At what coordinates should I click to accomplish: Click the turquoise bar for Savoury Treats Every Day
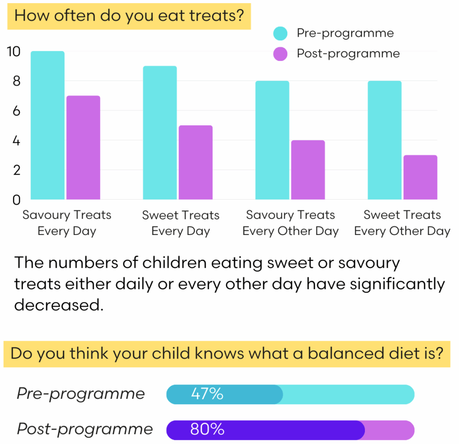pyautogui.click(x=48, y=125)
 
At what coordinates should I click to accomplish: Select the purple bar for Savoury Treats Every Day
pyautogui.click(x=83, y=148)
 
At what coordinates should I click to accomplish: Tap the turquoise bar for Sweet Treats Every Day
pyautogui.click(x=160, y=132)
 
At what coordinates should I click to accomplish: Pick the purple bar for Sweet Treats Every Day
pyautogui.click(x=195, y=162)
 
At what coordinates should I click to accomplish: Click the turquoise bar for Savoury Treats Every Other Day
pyautogui.click(x=272, y=140)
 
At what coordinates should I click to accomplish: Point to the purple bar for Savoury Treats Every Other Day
pyautogui.click(x=308, y=170)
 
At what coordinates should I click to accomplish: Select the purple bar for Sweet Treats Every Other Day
pyautogui.click(x=420, y=177)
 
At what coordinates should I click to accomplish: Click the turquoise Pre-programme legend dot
pyautogui.click(x=281, y=33)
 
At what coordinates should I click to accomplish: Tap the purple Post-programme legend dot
pyautogui.click(x=281, y=54)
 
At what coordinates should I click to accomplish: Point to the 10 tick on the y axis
pyautogui.click(x=14, y=51)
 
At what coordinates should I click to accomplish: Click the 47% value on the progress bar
pyautogui.click(x=207, y=394)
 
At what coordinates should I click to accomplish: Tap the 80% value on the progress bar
pyautogui.click(x=207, y=430)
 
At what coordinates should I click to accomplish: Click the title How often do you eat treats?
pyautogui.click(x=129, y=16)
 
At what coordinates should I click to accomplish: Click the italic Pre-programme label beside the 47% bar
pyautogui.click(x=81, y=394)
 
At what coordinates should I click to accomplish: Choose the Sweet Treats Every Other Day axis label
pyautogui.click(x=402, y=223)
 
